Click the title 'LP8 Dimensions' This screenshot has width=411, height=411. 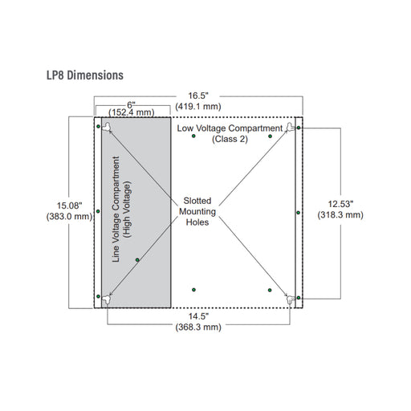pyautogui.click(x=84, y=75)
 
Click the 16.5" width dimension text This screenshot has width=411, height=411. pyautogui.click(x=197, y=95)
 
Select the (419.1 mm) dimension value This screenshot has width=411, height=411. pyautogui.click(x=197, y=105)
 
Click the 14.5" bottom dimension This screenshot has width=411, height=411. pyautogui.click(x=197, y=316)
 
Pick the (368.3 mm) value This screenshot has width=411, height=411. pyautogui.click(x=197, y=328)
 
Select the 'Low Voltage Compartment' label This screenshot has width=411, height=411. pyautogui.click(x=230, y=128)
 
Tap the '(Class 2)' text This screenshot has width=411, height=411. pyautogui.click(x=230, y=138)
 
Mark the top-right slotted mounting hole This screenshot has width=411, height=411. pyautogui.click(x=290, y=127)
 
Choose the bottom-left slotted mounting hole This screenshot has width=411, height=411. pyautogui.click(x=107, y=299)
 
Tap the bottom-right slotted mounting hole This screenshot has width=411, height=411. pyautogui.click(x=290, y=299)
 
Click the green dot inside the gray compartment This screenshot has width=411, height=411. pyautogui.click(x=138, y=259)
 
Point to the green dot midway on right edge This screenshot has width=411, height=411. pyautogui.click(x=298, y=213)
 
